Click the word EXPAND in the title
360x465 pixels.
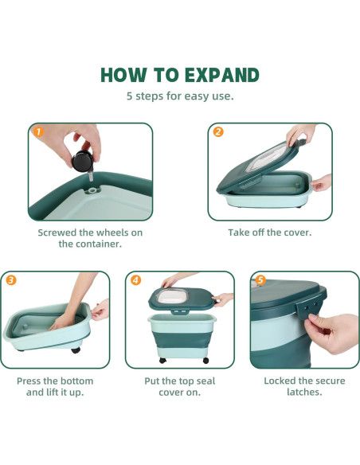point(222,75)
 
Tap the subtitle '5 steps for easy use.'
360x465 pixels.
point(180,96)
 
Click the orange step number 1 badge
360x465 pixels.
point(38,132)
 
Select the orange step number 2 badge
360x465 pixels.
point(218,132)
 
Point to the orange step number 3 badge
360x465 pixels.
point(11,280)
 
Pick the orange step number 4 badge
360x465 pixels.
point(136,280)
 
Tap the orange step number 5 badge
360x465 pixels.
point(260,280)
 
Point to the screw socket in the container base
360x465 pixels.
point(92,190)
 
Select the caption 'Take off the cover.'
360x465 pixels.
point(270,232)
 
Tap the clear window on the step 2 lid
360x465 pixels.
point(264,159)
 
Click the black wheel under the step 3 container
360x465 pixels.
point(76,350)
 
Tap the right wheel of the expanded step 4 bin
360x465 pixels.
point(205,361)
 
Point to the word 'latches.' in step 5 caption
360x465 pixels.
point(304,393)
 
